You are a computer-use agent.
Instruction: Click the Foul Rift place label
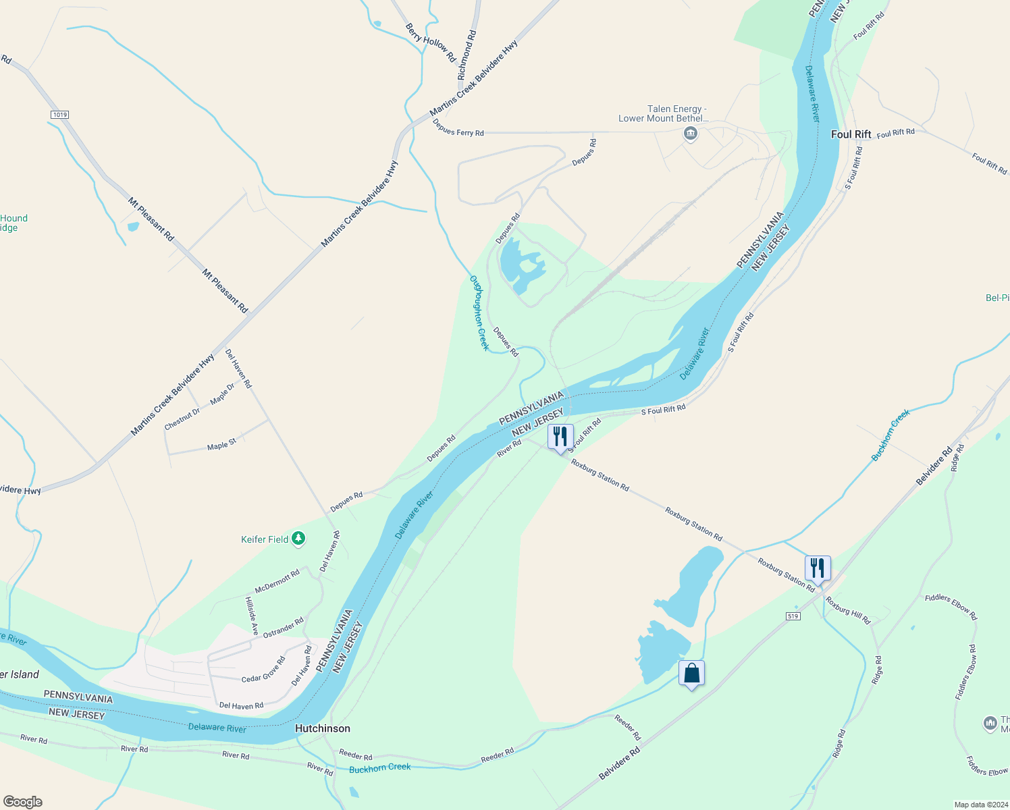pyautogui.click(x=851, y=134)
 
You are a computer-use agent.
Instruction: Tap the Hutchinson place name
pyautogui.click(x=323, y=728)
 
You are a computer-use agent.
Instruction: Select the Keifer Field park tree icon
pyautogui.click(x=298, y=539)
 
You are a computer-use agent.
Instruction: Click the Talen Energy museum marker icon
pyautogui.click(x=690, y=134)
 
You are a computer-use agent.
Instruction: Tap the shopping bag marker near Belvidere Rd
pyautogui.click(x=691, y=673)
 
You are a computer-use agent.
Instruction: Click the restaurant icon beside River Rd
pyautogui.click(x=560, y=437)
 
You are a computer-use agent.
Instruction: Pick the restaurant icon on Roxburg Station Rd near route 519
pyautogui.click(x=818, y=568)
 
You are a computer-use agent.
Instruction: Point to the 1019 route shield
pyautogui.click(x=60, y=115)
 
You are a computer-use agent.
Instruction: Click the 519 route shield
pyautogui.click(x=793, y=616)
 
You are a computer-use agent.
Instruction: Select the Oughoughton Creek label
pyautogui.click(x=479, y=313)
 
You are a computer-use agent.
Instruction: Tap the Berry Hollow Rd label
pyautogui.click(x=431, y=43)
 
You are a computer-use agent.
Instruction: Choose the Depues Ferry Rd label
pyautogui.click(x=458, y=128)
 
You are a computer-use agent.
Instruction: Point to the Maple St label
pyautogui.click(x=221, y=445)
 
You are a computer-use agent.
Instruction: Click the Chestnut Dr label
pyautogui.click(x=182, y=418)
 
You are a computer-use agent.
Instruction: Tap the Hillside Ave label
pyautogui.click(x=252, y=616)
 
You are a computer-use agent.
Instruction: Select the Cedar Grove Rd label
pyautogui.click(x=263, y=669)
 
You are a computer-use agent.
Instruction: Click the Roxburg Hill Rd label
pyautogui.click(x=849, y=610)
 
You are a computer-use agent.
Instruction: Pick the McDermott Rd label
pyautogui.click(x=277, y=581)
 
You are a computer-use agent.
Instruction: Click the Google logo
pyautogui.click(x=23, y=801)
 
